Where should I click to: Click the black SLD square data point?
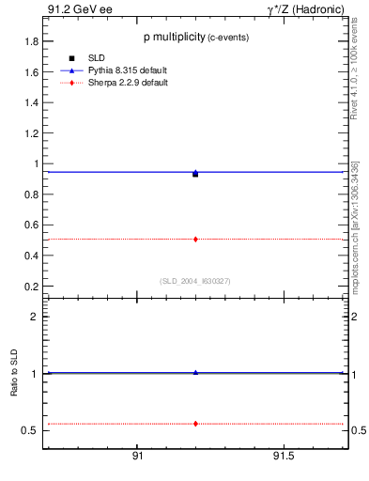(x=195, y=174)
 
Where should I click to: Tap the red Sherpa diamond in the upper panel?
(x=195, y=240)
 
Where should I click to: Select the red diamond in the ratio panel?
(x=195, y=424)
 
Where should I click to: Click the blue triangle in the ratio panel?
(x=195, y=373)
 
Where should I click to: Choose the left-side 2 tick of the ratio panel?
(x=34, y=317)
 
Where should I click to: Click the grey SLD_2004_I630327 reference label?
(x=195, y=280)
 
